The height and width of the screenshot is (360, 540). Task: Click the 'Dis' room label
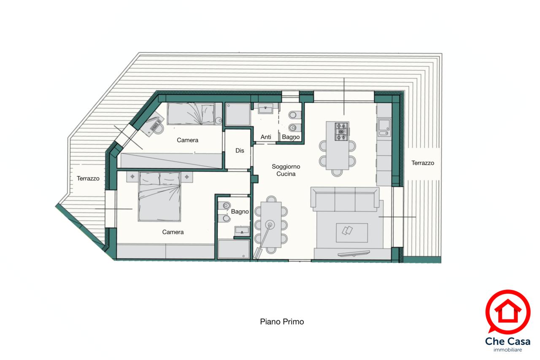click(x=240, y=150)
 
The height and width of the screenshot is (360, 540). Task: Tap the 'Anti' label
click(x=266, y=137)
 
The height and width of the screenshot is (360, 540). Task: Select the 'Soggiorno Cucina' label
click(x=286, y=170)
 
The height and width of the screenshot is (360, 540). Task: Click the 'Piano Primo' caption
click(x=282, y=322)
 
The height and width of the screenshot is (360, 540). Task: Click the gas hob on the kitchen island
click(x=342, y=132)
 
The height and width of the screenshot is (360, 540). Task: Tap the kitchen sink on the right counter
click(x=384, y=127)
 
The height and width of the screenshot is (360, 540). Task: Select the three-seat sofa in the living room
click(x=345, y=199)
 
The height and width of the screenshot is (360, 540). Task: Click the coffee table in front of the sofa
click(x=352, y=233)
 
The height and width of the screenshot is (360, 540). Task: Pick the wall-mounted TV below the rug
click(x=354, y=253)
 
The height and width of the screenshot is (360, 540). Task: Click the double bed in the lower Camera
click(x=159, y=196)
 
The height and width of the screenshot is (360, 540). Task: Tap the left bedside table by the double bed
click(x=132, y=177)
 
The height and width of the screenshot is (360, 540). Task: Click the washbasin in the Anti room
click(x=265, y=109)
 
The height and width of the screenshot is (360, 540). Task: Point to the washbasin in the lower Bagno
click(x=242, y=231)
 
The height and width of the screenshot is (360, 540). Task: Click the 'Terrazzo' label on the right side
click(x=423, y=163)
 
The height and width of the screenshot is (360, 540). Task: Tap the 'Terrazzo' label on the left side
click(x=88, y=179)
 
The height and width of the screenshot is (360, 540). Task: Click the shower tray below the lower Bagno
click(x=233, y=249)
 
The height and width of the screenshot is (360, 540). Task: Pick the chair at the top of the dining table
click(x=271, y=199)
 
